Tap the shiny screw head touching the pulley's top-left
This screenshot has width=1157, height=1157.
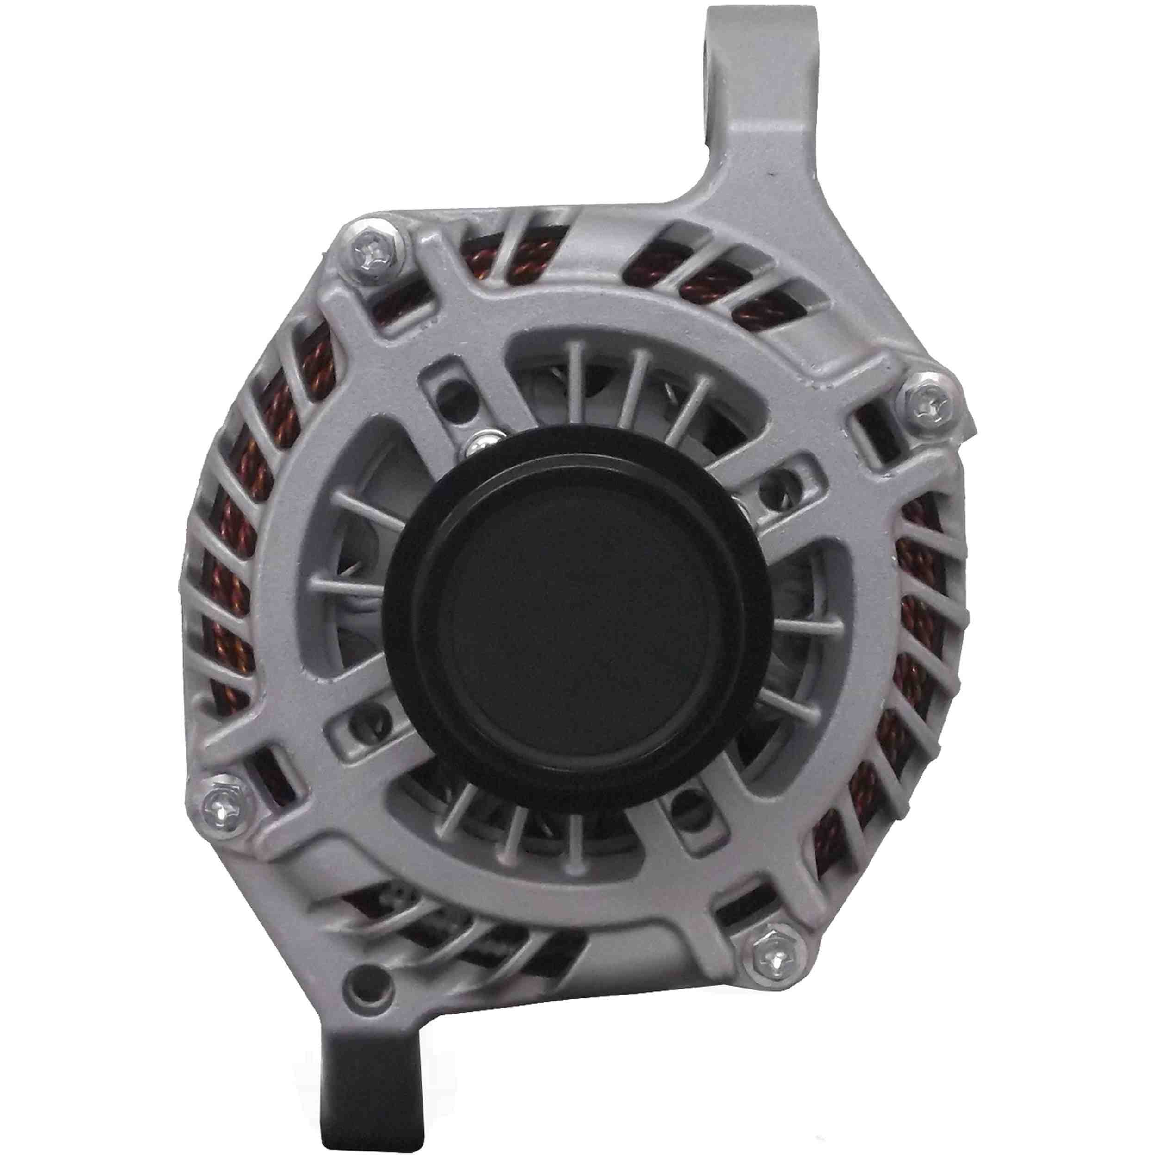coord(479,444)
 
